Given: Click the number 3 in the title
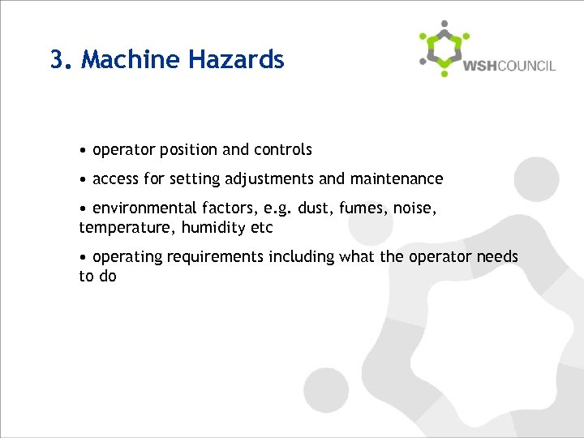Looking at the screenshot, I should [x=57, y=60].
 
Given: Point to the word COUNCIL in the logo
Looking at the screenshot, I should [x=527, y=66].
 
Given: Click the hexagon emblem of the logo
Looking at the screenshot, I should [x=444, y=49].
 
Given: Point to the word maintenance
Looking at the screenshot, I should [x=397, y=178].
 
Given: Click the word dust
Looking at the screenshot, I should [x=312, y=209].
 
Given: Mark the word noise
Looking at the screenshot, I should [x=414, y=209].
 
